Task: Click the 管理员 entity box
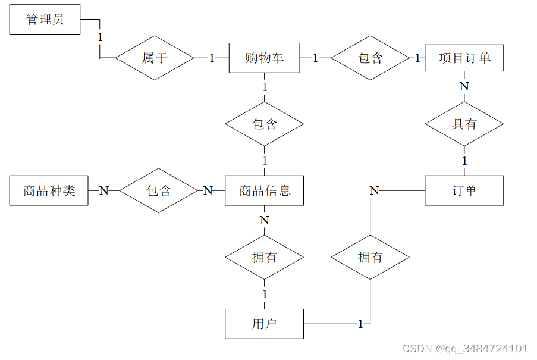pyautogui.click(x=45, y=20)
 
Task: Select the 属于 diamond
pyautogui.click(x=155, y=58)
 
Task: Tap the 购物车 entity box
pyautogui.click(x=264, y=58)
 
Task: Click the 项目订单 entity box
pyautogui.click(x=464, y=58)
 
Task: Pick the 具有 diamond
pyautogui.click(x=464, y=124)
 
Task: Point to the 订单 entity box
pyautogui.click(x=464, y=190)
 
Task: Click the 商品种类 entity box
pyautogui.click(x=49, y=190)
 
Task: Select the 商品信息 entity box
pyautogui.click(x=264, y=190)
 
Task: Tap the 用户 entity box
pyautogui.click(x=264, y=324)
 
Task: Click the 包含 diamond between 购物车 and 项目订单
pyautogui.click(x=370, y=58)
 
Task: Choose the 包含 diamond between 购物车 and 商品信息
pyautogui.click(x=264, y=124)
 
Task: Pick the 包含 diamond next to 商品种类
pyautogui.click(x=158, y=190)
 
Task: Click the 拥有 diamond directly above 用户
pyautogui.click(x=264, y=258)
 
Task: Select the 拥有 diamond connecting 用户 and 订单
pyautogui.click(x=370, y=258)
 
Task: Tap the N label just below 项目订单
pyautogui.click(x=464, y=86)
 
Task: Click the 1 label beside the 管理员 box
pyautogui.click(x=100, y=37)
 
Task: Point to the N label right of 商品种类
pyautogui.click(x=103, y=190)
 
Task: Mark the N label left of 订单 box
pyautogui.click(x=374, y=190)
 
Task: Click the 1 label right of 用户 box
pyautogui.click(x=360, y=324)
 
